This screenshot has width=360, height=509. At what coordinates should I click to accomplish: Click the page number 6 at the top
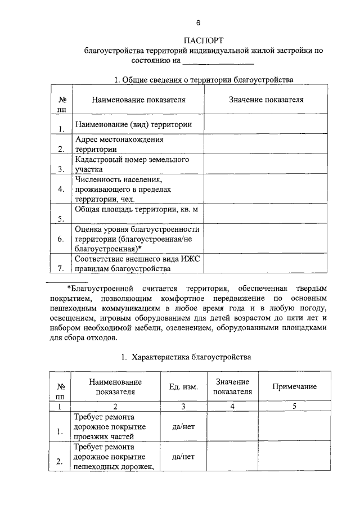tap(198, 23)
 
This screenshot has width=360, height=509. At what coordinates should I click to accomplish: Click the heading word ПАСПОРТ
tap(204, 40)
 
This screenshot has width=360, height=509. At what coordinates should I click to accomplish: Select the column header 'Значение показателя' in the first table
tap(266, 100)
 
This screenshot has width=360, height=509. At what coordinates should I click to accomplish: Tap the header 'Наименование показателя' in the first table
tap(138, 100)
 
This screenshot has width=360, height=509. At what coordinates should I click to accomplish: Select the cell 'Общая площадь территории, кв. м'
tap(137, 209)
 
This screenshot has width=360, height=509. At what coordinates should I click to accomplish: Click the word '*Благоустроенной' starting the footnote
tap(95, 287)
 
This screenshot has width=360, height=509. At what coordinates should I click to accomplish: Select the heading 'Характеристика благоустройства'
tap(192, 357)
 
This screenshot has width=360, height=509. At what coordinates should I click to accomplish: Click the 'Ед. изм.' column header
tap(183, 386)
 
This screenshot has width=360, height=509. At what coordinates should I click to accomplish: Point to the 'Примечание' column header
tap(294, 386)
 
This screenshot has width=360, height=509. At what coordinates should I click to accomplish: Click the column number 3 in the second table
tap(183, 406)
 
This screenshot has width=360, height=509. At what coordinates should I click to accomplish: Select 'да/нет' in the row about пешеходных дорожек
tap(183, 456)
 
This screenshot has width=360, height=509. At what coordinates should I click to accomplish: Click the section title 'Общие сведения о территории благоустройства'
tap(209, 79)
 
